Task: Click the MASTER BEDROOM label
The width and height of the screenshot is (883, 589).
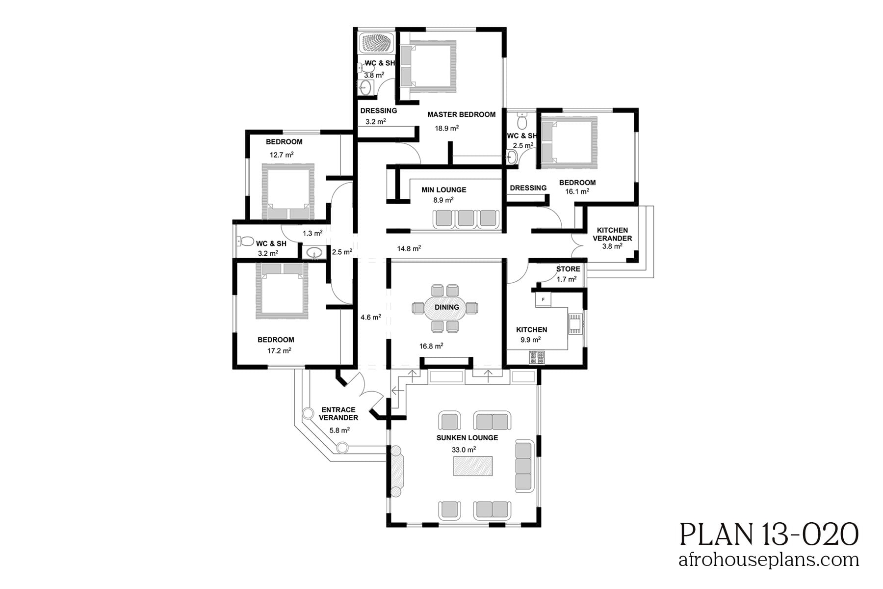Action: coord(461,114)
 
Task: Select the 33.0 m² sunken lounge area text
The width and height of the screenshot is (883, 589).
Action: coord(464,450)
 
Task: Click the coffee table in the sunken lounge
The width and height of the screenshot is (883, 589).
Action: coord(473,466)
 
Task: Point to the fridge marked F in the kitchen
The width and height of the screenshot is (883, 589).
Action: coord(543,299)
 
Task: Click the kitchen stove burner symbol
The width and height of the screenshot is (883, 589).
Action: coord(537,357)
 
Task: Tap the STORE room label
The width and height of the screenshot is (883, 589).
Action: coord(568,269)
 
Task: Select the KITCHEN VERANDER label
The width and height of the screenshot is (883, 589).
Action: coord(612,234)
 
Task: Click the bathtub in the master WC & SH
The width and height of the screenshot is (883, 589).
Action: coord(377,43)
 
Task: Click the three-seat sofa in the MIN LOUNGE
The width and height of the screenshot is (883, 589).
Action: coord(466,218)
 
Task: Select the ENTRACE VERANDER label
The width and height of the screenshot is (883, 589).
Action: coord(338,414)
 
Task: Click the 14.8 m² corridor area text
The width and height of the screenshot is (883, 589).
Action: coord(409,249)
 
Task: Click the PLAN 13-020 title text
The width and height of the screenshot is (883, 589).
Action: coord(769,535)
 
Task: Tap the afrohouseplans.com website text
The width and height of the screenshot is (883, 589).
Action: coord(769,560)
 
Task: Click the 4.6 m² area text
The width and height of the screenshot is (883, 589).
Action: coord(371,318)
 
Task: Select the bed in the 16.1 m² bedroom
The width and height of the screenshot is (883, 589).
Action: coord(568,139)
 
